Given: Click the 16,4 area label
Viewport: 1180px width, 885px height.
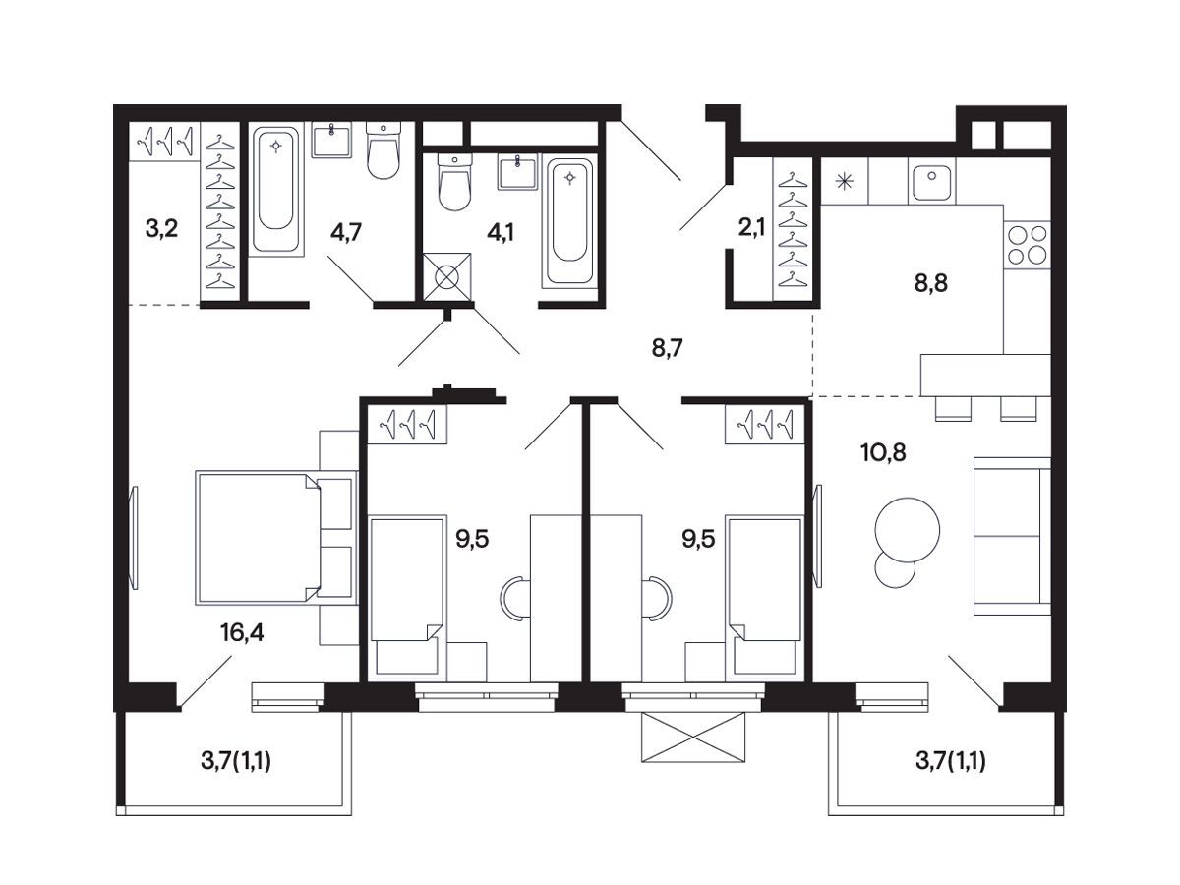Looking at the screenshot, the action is coord(242,633).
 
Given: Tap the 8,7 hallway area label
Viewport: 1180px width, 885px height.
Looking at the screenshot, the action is coord(667,349).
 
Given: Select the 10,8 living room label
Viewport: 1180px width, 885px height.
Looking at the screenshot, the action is coord(883,453).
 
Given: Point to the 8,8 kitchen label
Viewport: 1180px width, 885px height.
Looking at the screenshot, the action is coord(931,283).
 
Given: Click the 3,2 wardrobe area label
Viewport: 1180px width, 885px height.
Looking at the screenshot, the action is coord(161,229).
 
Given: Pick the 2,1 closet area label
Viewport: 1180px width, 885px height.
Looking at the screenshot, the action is coord(751,228).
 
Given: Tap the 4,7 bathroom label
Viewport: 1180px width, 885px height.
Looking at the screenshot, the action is coord(346,233).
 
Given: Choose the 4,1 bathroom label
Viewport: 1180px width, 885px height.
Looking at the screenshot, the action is coord(500,233).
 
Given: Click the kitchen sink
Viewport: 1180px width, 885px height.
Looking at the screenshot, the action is coord(931,181).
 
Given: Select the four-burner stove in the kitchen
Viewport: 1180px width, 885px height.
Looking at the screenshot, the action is coord(1028,245).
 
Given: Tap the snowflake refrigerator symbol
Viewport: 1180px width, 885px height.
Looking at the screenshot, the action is coord(845,181).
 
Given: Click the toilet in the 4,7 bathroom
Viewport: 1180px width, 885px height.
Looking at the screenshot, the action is coord(383,150).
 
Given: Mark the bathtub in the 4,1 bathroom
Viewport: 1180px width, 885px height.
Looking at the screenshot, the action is coord(569,221).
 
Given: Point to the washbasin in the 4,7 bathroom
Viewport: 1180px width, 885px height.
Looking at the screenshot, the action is coord(331,141).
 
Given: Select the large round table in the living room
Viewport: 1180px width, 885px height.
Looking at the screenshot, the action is coord(908,530).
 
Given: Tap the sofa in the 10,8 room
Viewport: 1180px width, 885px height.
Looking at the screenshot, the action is coord(1012,536).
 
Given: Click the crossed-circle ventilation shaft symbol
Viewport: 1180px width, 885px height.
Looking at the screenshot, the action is coord(446,277).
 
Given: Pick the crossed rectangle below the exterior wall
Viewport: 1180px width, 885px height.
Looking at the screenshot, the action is coord(693,737).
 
